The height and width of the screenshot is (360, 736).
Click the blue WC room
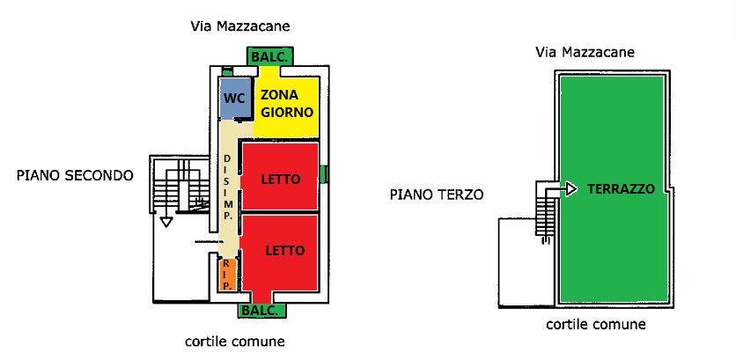pos(234,99)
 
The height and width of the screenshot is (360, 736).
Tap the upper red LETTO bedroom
pos(280,179)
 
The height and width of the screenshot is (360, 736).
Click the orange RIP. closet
pos(226,275)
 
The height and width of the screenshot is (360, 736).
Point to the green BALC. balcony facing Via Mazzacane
pos(268,55)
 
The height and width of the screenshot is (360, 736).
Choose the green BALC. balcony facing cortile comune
pos(261,311)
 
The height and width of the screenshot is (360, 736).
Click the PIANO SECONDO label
pos(75,175)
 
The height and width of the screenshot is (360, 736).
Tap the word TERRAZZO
pos(621,189)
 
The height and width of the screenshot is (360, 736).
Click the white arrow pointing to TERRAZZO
pos(568,188)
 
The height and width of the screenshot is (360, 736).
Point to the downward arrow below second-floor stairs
pos(165,222)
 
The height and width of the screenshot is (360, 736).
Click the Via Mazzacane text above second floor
pos(240,26)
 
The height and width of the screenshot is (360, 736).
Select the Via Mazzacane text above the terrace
pos(585,53)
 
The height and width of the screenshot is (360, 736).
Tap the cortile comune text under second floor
pos(234,341)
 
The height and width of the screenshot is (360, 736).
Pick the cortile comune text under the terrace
pos(596,324)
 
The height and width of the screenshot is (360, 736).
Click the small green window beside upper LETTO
pos(325,173)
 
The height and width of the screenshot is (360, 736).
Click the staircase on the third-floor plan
pos(546,211)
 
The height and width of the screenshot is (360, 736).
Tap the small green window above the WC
pos(227,71)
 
